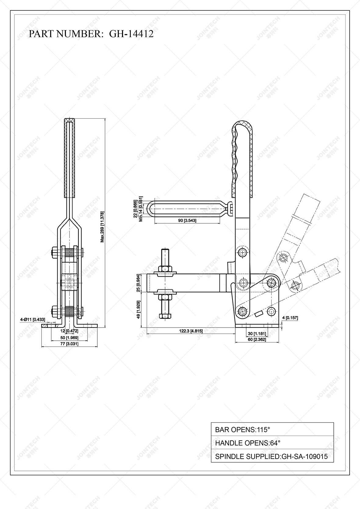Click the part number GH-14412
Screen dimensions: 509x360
click(131, 34)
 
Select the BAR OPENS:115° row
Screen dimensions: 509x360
click(272, 430)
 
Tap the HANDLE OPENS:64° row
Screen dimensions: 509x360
click(272, 443)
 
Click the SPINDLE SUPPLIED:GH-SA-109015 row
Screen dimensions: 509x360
click(272, 457)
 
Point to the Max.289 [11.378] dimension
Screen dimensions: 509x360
click(103, 227)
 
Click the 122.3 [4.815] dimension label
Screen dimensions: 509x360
click(191, 331)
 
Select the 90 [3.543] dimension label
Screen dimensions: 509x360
click(185, 220)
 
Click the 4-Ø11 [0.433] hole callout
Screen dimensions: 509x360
click(33, 319)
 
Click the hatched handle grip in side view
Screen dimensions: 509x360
click(243, 159)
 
